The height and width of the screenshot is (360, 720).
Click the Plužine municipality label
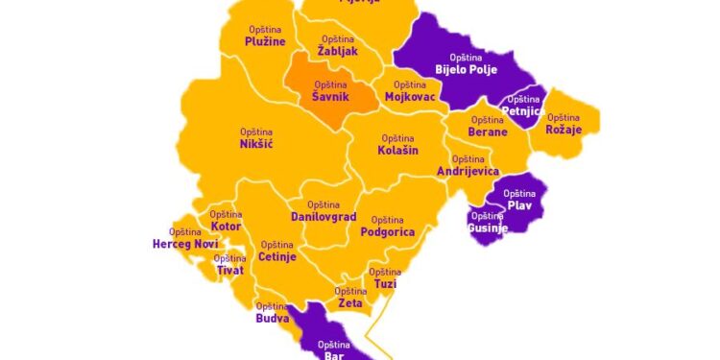point(265,37)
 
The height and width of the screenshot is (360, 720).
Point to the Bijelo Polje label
point(466,64)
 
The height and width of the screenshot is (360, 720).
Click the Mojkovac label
point(411,92)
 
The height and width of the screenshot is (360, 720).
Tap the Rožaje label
point(564,124)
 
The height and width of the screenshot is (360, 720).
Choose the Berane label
point(488,127)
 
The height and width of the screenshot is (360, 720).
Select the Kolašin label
point(397,145)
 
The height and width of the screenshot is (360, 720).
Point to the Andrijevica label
point(468,166)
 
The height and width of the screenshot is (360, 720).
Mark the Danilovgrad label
point(324,212)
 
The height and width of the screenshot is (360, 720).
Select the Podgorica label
point(387,227)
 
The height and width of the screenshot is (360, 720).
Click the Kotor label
point(226,221)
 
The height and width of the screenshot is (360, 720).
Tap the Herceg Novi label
point(185,239)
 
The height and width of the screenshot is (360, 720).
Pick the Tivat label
point(229,265)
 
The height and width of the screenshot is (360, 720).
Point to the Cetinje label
point(277,252)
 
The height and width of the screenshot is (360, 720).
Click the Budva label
point(273,313)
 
